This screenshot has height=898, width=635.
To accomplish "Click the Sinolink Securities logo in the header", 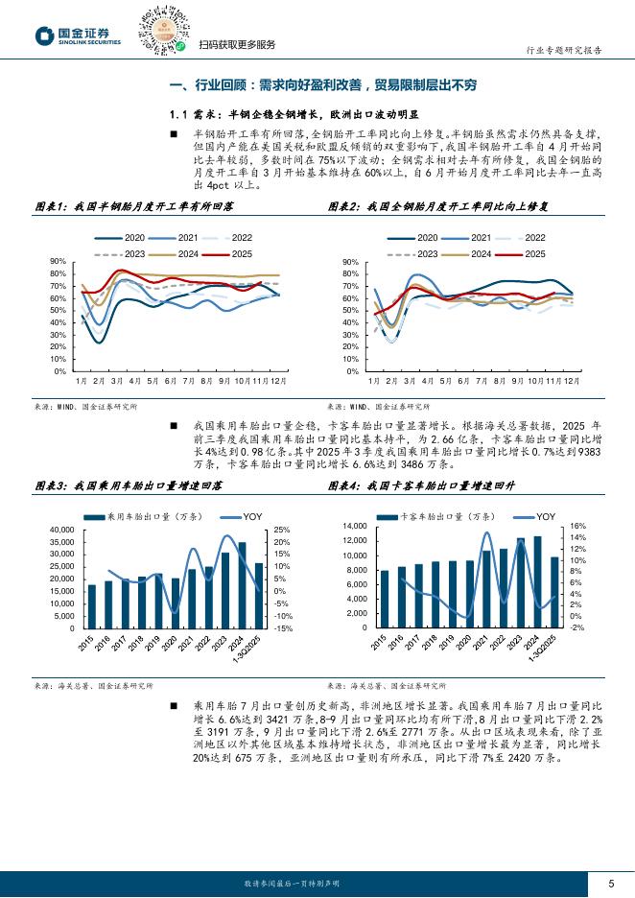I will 78,36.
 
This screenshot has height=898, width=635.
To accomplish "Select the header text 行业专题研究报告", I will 565,51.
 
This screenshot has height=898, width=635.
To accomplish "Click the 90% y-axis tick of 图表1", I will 58,261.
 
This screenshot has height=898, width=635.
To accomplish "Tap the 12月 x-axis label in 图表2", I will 571,381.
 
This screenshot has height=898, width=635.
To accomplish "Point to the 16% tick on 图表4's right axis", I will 576,527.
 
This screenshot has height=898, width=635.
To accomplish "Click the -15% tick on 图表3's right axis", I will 284,628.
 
